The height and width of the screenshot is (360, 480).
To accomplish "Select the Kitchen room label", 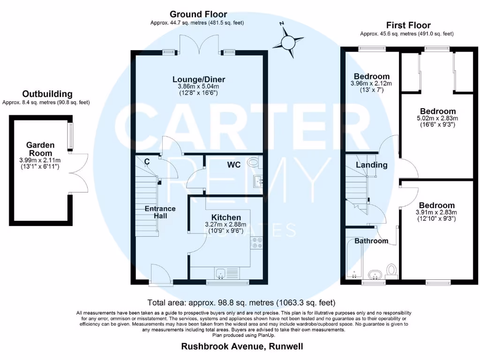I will tap(226, 217).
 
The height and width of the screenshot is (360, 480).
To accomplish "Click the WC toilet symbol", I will tap(254, 162).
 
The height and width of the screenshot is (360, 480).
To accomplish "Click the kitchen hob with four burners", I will tap(257, 243).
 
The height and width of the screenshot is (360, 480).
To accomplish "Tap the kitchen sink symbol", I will tap(222, 273).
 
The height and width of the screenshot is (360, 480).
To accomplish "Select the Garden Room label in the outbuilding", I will tap(40, 149).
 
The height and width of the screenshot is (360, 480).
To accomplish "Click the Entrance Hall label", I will tap(160, 212).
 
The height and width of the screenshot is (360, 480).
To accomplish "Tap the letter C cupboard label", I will tap(147, 162).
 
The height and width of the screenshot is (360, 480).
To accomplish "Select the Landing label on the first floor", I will tap(372, 165).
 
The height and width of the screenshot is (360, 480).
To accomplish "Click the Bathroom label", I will tap(371, 241).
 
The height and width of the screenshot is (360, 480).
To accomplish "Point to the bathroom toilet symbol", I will tap(392, 270).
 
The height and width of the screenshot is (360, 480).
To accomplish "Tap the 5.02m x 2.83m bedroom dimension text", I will tap(438, 118).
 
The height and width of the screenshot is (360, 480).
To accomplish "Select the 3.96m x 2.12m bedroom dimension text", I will tap(372, 83).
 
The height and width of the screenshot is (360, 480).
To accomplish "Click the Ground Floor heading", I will tap(198, 15).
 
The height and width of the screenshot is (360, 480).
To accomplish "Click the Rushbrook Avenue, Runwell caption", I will tap(242, 347).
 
